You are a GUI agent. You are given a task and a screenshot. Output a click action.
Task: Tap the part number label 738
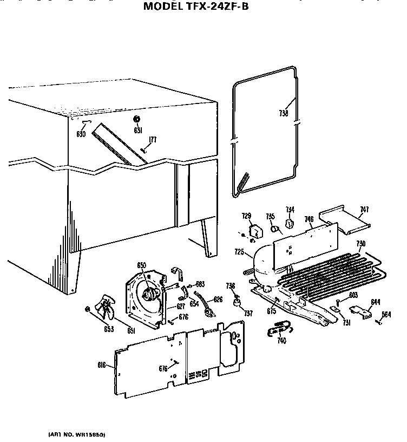(283, 114)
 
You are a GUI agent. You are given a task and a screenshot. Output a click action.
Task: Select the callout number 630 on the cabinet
(81, 134)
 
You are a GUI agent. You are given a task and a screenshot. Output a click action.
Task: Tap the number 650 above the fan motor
(141, 265)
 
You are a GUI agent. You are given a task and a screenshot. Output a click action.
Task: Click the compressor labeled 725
(262, 265)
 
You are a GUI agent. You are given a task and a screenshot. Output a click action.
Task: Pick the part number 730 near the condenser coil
(360, 244)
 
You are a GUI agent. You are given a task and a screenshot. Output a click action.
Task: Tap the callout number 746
(308, 219)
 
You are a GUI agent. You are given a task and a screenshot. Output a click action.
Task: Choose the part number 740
(281, 341)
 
